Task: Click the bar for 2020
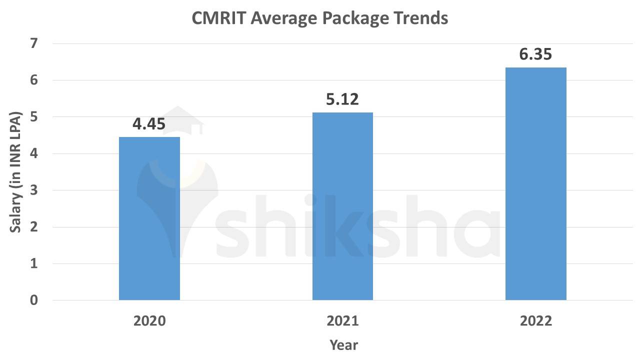pyautogui.click(x=149, y=218)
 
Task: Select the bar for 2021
pyautogui.click(x=342, y=206)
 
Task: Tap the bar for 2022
pyautogui.click(x=535, y=183)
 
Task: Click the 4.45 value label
pyautogui.click(x=149, y=124)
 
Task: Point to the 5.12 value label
pyautogui.click(x=342, y=99)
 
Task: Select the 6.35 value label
pyautogui.click(x=535, y=54)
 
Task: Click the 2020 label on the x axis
pyautogui.click(x=149, y=321)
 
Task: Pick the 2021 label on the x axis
pyautogui.click(x=342, y=321)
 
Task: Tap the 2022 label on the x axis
pyautogui.click(x=535, y=321)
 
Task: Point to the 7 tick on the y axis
pyautogui.click(x=34, y=43)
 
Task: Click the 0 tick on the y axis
pyautogui.click(x=34, y=300)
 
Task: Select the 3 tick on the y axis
pyautogui.click(x=34, y=190)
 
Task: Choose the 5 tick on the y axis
pyautogui.click(x=34, y=117)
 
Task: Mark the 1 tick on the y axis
pyautogui.click(x=34, y=264)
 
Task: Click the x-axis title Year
pyautogui.click(x=343, y=345)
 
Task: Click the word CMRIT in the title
pyautogui.click(x=218, y=18)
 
